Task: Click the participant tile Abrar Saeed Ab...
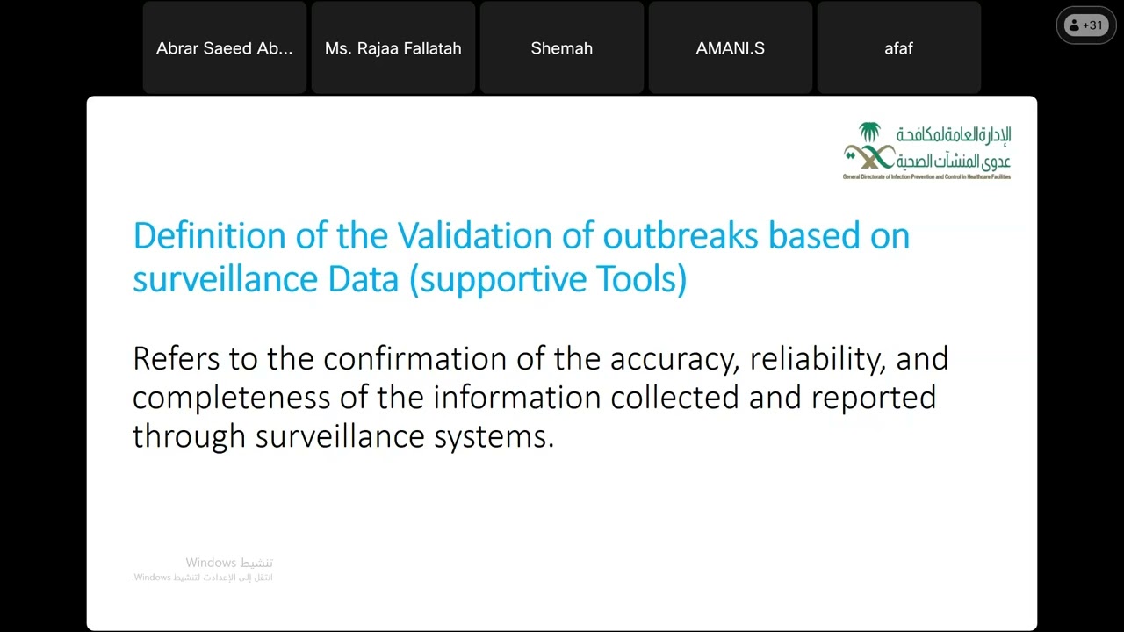pos(224,48)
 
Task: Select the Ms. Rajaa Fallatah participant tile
pos(393,48)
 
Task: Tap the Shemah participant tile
pos(561,48)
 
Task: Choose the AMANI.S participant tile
pos(730,48)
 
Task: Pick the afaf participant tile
pos(898,48)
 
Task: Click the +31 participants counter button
pos(1085,25)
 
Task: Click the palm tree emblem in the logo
pos(869,133)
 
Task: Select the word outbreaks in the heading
pos(680,235)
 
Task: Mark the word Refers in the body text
pos(177,358)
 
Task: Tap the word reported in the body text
pos(873,398)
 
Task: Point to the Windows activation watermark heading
pos(228,562)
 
